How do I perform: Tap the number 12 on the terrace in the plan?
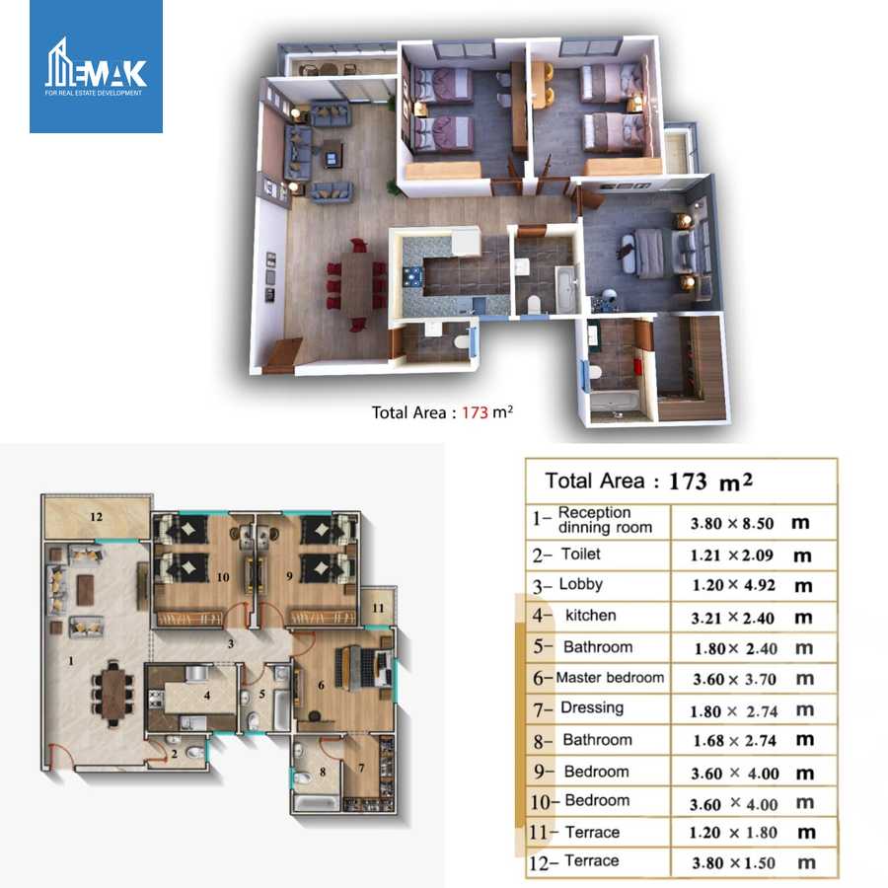[96, 516]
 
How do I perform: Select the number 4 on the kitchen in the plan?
[206, 695]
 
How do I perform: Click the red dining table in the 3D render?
[356, 280]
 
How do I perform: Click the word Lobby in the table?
[580, 584]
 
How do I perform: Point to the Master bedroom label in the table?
[610, 678]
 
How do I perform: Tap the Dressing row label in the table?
[592, 707]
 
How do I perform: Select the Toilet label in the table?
[580, 555]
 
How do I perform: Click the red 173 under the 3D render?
[475, 412]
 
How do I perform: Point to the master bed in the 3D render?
[646, 247]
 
